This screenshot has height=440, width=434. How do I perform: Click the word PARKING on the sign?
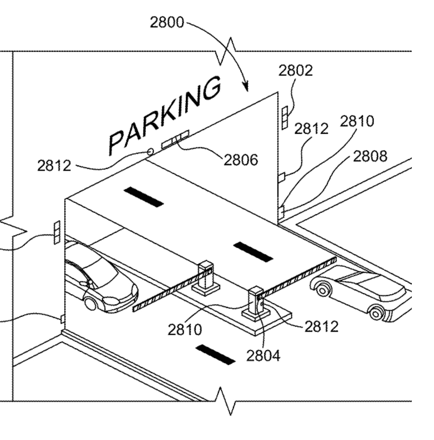pos(165,115)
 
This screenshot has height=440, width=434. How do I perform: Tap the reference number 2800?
pos(167,23)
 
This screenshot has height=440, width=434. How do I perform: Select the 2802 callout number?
pos(295,70)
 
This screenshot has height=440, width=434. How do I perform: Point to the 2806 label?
pos(241,160)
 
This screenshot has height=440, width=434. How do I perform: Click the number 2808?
pos(370,156)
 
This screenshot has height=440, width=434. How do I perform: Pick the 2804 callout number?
pos(263,355)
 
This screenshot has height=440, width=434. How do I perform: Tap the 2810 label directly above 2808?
pos(356,121)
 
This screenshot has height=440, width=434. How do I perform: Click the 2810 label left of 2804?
pos(185,329)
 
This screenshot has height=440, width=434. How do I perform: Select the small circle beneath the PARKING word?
pos(151,152)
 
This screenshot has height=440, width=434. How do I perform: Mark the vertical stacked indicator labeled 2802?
pos(284,117)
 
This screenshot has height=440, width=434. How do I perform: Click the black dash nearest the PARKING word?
pos(143,197)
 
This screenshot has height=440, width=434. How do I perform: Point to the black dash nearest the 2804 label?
pos(216,354)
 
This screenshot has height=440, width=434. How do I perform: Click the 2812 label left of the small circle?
pos(54,165)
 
